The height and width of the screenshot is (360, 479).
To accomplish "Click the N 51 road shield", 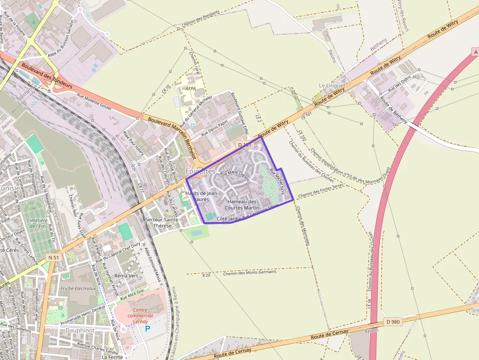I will [54, 257].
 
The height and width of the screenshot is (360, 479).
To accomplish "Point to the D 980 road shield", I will [392, 321].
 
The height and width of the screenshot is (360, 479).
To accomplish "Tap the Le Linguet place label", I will [332, 85].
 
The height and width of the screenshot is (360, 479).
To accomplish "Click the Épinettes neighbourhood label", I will [200, 171].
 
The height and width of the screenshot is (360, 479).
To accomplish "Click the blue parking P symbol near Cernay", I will [147, 329].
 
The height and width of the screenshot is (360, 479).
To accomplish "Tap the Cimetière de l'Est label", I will [37, 223].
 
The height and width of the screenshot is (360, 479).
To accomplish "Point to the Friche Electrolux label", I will [78, 289].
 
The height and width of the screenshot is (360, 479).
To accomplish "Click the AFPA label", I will [191, 89].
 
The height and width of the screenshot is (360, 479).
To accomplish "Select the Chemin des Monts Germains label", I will [249, 272].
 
